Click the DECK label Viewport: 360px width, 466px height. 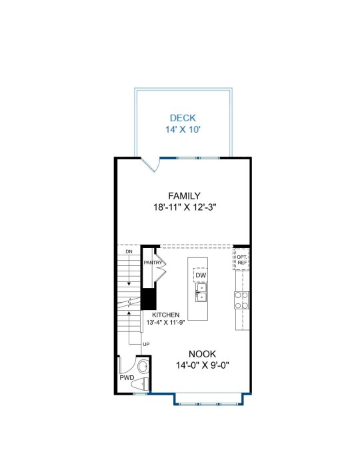183,118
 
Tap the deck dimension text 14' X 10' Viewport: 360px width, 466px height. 183,129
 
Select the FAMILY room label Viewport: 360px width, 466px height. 184,196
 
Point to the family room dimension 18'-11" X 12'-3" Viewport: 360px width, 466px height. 184,207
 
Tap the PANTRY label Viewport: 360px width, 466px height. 153,263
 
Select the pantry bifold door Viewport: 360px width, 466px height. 161,265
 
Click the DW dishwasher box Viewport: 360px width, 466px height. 201,275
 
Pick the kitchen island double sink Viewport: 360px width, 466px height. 201,293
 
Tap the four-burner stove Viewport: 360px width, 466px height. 241,300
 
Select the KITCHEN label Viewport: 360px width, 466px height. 165,315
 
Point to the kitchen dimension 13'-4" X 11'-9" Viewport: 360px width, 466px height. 165,322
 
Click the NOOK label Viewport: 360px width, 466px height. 203,354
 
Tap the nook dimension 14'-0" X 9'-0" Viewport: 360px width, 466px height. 203,365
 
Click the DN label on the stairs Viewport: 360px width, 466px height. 129,251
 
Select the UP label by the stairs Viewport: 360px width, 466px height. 146,344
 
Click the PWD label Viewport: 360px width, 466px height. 127,378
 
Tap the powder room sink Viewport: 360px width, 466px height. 143,367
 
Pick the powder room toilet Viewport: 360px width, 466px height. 140,383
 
